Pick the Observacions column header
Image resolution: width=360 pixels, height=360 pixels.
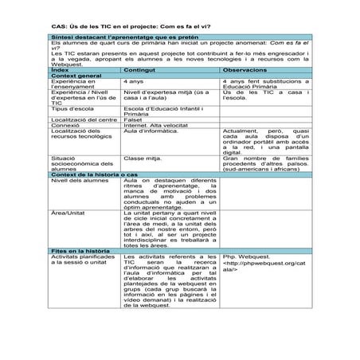click(x=248, y=70)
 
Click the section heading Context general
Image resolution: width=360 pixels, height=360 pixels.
click(x=76, y=76)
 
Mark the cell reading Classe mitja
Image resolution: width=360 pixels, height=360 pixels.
click(x=143, y=158)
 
